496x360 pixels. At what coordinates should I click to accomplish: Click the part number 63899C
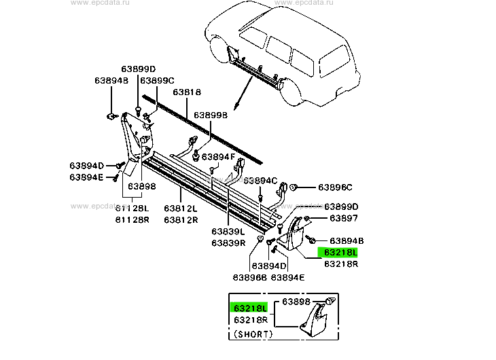pos(158,80)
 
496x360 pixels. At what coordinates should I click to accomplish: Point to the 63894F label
pos(217,157)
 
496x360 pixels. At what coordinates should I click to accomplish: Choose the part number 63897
pos(343,218)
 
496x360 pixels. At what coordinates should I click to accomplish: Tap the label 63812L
pos(180,209)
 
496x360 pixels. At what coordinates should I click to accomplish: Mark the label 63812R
pos(180,219)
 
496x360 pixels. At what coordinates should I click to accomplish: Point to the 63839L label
pos(228,232)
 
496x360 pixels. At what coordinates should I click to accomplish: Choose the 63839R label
pos(228,242)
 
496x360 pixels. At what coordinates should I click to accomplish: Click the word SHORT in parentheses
pos(253,334)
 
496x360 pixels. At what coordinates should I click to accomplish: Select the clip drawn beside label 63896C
pos(296,187)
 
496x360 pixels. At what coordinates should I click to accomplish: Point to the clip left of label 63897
pos(308,217)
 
